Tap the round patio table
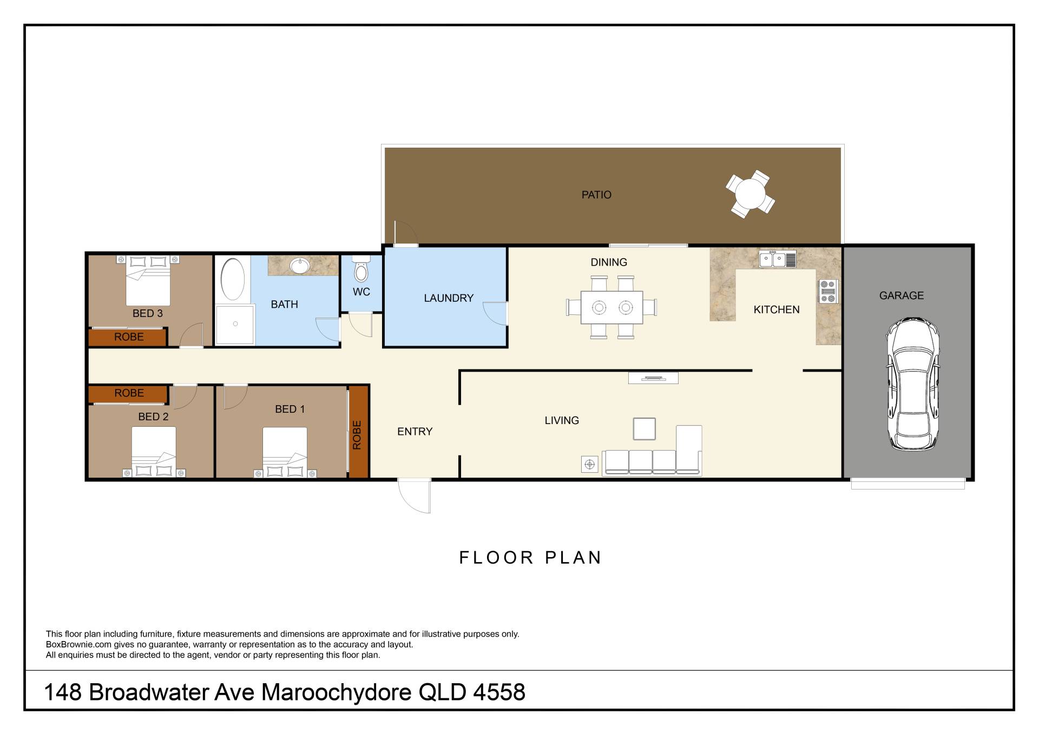coord(750,194)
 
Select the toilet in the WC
coord(361,269)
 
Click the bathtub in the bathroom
coord(233,279)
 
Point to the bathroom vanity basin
coord(299,266)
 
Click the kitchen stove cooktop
coord(828,291)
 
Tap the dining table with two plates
coord(611,307)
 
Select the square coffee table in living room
coord(644,429)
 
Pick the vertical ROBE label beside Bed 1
coord(357,435)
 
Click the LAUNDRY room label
coord(448,298)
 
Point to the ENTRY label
coord(415,432)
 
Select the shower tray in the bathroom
coord(235,325)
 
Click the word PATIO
coord(596,195)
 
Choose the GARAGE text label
coord(901,296)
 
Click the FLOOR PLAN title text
coord(530,558)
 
